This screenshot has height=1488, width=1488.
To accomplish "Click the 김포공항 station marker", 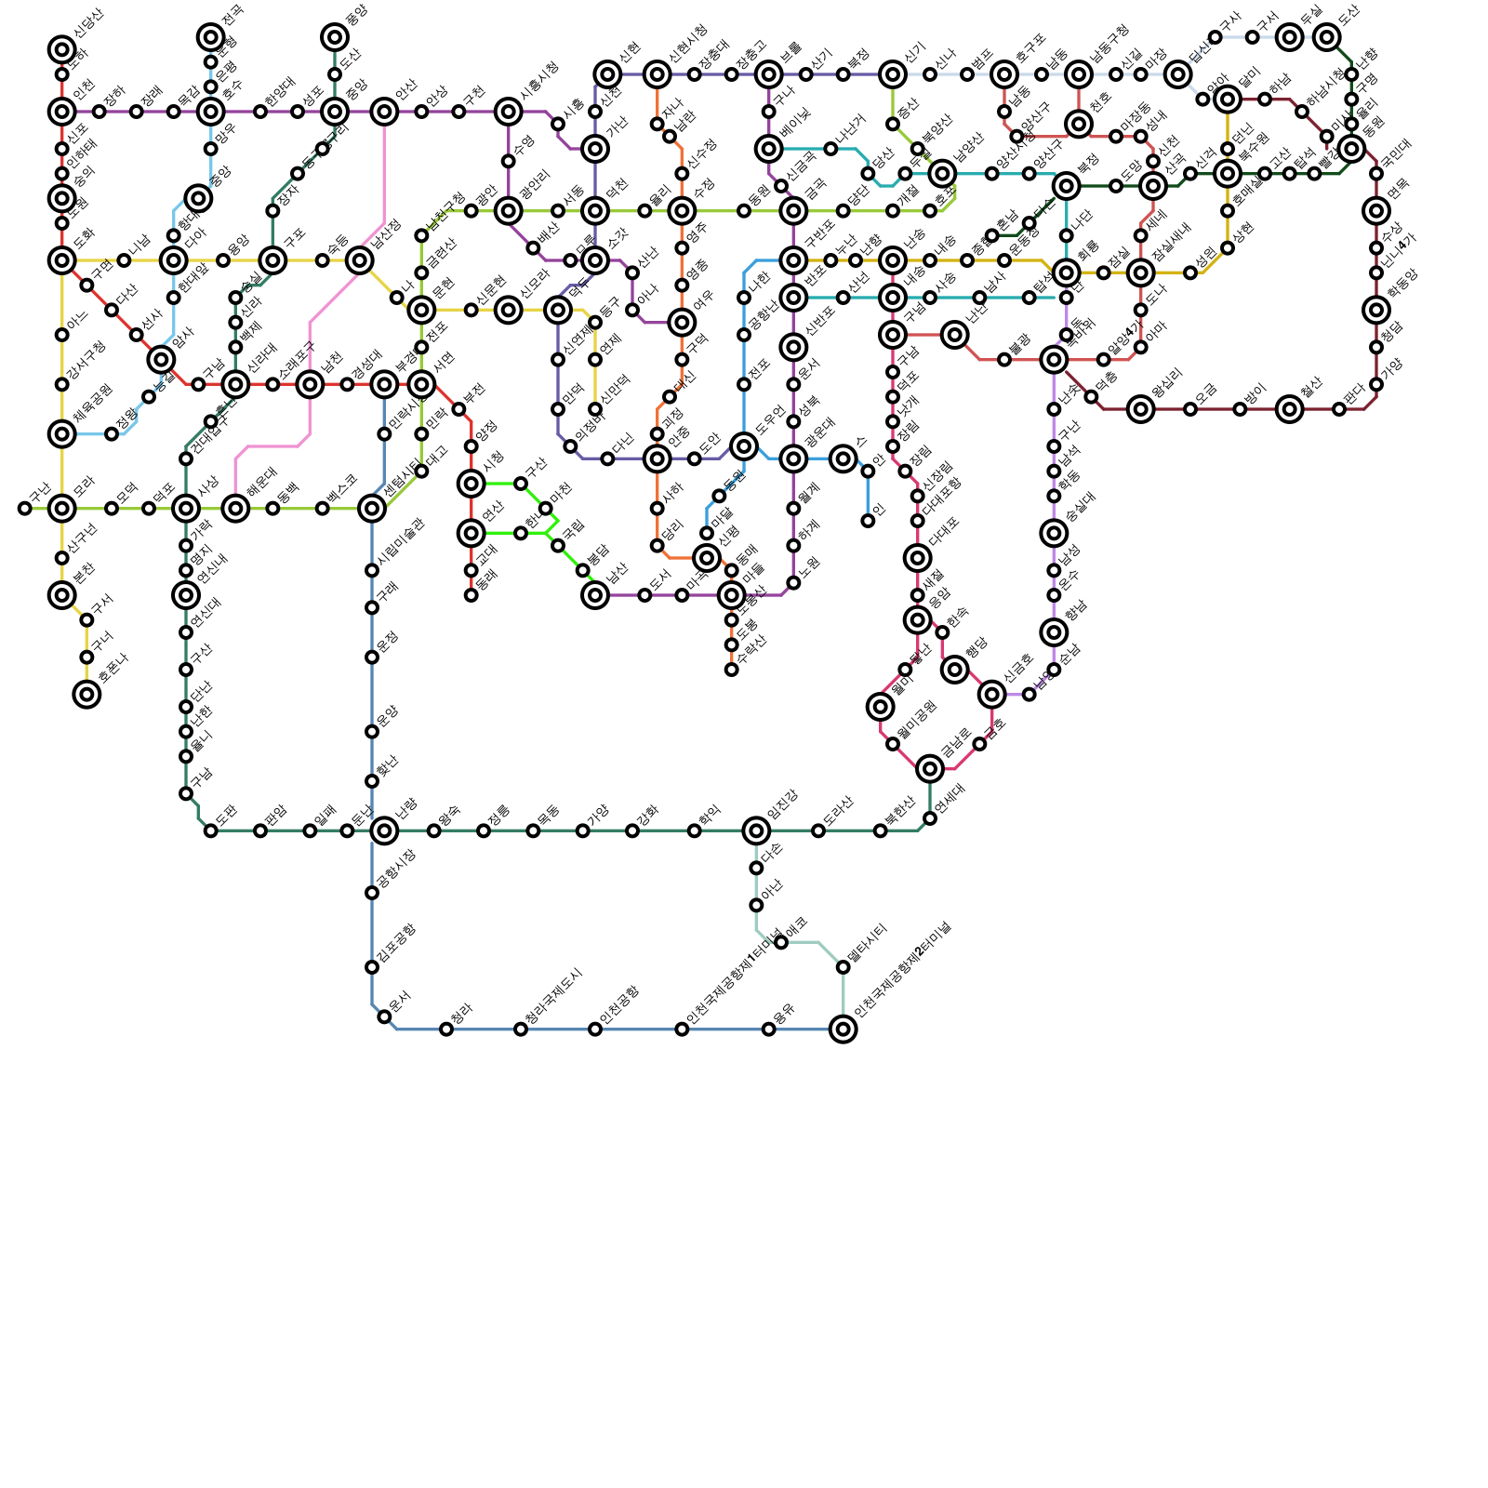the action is (x=372, y=967).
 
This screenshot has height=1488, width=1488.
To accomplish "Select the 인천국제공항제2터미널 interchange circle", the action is (x=843, y=1030).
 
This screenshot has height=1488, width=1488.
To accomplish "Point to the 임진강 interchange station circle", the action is (x=756, y=830).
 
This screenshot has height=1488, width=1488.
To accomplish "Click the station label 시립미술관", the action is (x=403, y=539).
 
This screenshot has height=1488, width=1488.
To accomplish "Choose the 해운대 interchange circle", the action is (x=235, y=509).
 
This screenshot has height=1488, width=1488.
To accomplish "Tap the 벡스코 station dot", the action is (x=322, y=509).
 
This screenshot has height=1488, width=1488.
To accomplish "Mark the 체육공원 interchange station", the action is (x=62, y=433).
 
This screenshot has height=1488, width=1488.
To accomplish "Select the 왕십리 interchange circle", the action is (x=1140, y=409).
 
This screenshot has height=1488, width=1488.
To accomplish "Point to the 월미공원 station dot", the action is (x=893, y=744).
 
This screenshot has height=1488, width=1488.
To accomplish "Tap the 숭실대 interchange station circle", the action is (x=1054, y=533).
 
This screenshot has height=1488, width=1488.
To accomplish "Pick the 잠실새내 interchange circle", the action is (x=1140, y=272).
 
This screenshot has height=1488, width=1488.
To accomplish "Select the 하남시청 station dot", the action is (x=1302, y=112).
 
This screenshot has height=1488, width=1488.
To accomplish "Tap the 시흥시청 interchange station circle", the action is (x=508, y=112).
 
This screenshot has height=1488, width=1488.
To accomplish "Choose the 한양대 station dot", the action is (x=260, y=112).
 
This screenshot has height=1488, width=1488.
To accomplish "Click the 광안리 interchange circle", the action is (x=508, y=211).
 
